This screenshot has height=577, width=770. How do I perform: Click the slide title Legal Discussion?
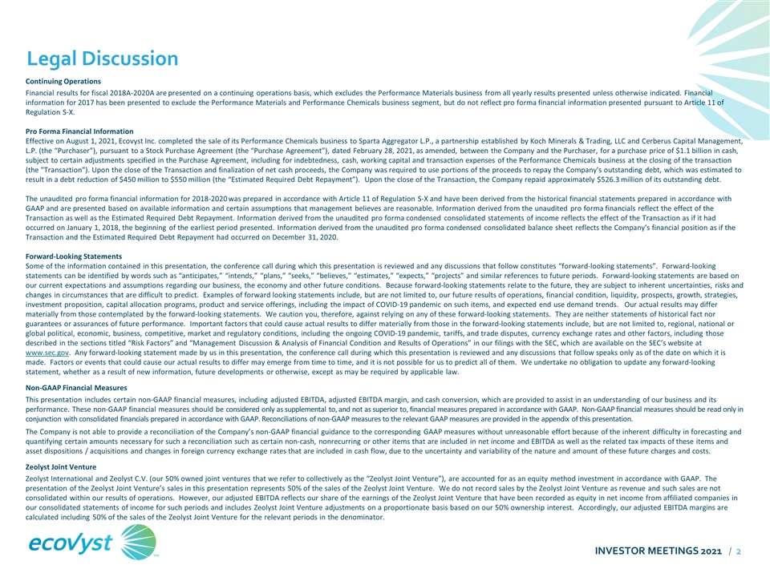click(103, 59)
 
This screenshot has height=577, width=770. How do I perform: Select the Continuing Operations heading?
click(63, 81)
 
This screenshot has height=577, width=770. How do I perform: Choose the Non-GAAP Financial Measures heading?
click(76, 387)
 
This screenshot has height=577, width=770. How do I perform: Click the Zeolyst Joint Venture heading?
click(63, 466)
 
